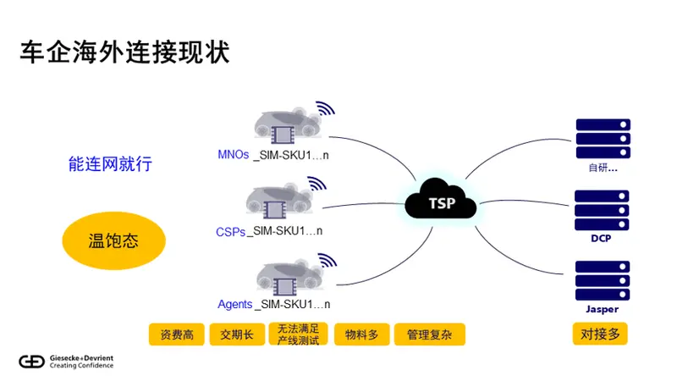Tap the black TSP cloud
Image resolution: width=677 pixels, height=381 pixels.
(x=441, y=203)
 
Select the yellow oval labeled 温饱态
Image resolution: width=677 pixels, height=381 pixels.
(x=113, y=241)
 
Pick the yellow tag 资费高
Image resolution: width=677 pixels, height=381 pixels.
(x=177, y=334)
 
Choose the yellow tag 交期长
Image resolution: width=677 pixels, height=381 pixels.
(x=237, y=334)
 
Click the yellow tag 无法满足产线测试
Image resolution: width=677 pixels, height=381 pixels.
(x=298, y=334)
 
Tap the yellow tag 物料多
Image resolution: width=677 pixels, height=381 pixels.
(x=361, y=334)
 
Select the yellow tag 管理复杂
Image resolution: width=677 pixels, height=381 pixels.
(x=429, y=334)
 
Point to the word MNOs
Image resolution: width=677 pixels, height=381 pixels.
(x=234, y=155)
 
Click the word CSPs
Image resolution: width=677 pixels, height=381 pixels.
(x=230, y=230)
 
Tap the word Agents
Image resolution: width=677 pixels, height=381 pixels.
(x=234, y=304)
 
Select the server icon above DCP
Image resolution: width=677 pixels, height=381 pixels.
(x=602, y=210)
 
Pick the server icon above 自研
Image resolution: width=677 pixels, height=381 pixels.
(x=602, y=138)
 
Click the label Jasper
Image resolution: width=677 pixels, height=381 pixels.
(x=602, y=309)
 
